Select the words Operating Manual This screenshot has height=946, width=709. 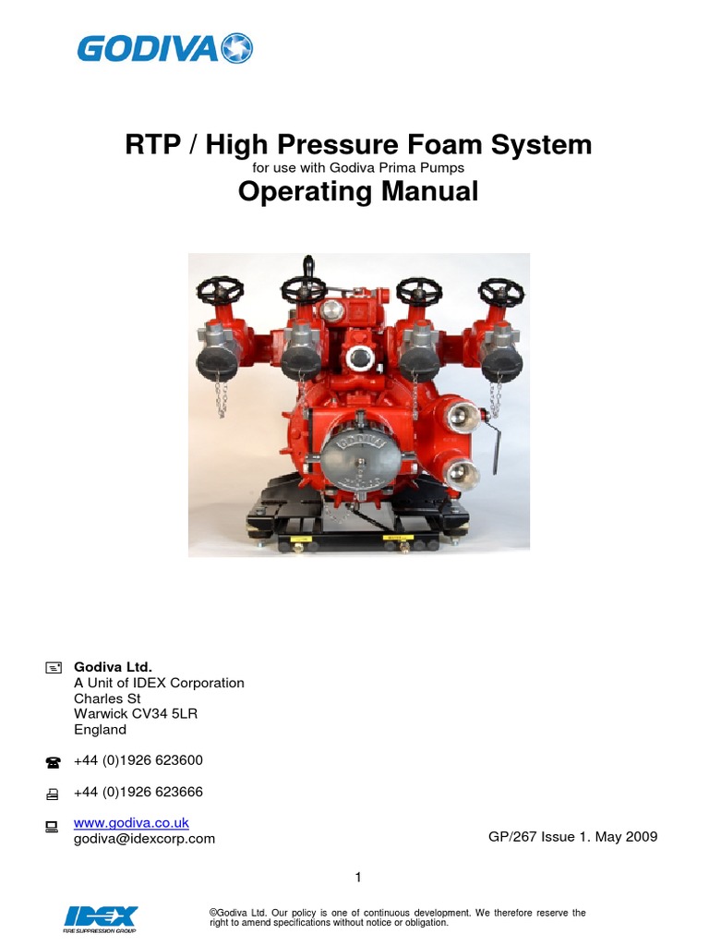click(358, 192)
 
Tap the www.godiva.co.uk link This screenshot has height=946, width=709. click(131, 822)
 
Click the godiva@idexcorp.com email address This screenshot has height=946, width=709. click(144, 839)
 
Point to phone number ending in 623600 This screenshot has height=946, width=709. click(138, 760)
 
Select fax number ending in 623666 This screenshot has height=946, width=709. click(138, 793)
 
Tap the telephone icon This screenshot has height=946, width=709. click(52, 762)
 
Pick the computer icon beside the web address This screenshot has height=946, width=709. click(52, 826)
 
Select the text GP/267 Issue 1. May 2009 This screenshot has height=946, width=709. click(572, 837)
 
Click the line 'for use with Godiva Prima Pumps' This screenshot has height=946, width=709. click(358, 168)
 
